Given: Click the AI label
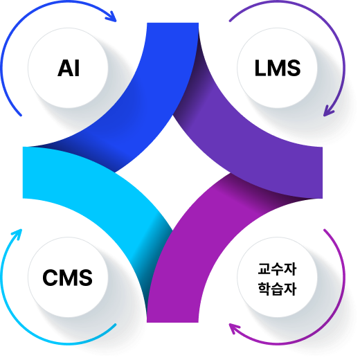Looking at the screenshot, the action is tap(69, 68).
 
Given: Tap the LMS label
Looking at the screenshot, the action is tap(278, 68).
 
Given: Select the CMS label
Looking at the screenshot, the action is tap(67, 278).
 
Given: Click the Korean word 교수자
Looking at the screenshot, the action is tap(277, 269).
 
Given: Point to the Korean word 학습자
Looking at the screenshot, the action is tap(277, 289).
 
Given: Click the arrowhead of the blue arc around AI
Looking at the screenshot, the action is tap(113, 18).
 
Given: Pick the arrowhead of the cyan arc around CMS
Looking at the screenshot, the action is tap(18, 233).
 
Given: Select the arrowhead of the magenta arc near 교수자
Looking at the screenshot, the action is tap(233, 327).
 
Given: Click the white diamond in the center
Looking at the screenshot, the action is tap(172, 172).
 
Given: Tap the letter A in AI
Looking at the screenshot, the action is tap(65, 68).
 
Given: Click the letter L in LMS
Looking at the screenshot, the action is tap(260, 68).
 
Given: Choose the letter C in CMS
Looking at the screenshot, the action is tap(51, 278).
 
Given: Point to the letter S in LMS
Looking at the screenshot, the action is tap(293, 68).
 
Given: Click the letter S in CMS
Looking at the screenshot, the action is tap(84, 278).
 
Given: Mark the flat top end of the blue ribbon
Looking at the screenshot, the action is tap(172, 23).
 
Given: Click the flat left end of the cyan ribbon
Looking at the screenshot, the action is tap(23, 172).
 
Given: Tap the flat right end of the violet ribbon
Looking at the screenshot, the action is tap(322, 172).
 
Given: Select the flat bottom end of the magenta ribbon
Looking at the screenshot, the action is tap(172, 322).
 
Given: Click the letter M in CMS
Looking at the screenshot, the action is tap(68, 278).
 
